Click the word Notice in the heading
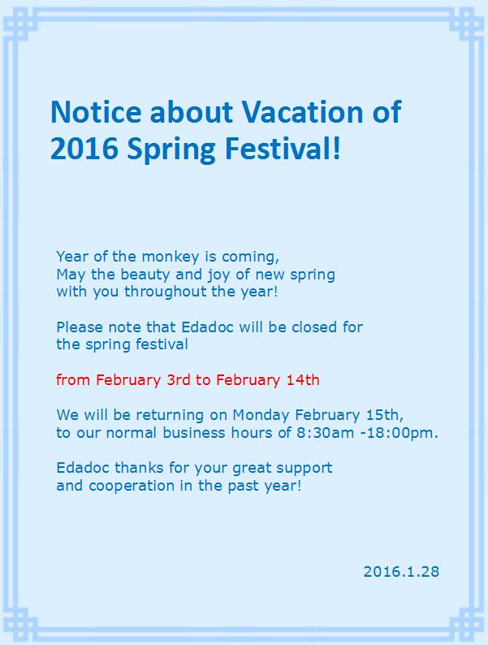(96, 112)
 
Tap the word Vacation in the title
(302, 112)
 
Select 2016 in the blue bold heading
(84, 149)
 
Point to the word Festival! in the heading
(283, 149)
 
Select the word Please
(80, 327)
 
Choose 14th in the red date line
(303, 379)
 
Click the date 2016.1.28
(401, 571)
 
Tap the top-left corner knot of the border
(19, 23)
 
